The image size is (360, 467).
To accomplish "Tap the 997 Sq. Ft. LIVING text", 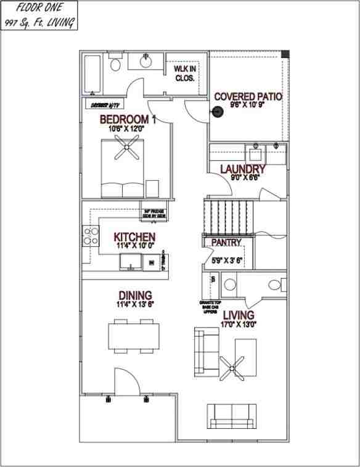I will (x=39, y=23).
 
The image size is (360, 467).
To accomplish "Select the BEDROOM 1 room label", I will (x=128, y=119).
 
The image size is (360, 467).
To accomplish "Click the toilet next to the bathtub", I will (x=115, y=64).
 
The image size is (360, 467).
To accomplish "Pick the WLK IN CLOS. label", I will (x=184, y=73).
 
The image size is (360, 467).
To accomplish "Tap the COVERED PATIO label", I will (x=248, y=97).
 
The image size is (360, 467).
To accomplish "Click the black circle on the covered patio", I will (x=217, y=112).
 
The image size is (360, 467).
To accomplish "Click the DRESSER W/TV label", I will (x=104, y=104).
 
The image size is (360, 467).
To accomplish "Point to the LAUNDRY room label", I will (x=242, y=169).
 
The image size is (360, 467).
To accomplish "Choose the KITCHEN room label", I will (x=134, y=237).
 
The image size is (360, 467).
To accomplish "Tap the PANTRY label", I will (x=226, y=242).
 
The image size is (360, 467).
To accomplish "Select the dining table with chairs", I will (x=131, y=336).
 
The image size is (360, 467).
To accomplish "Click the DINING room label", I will (x=135, y=296).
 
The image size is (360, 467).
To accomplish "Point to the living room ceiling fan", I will (x=237, y=366).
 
